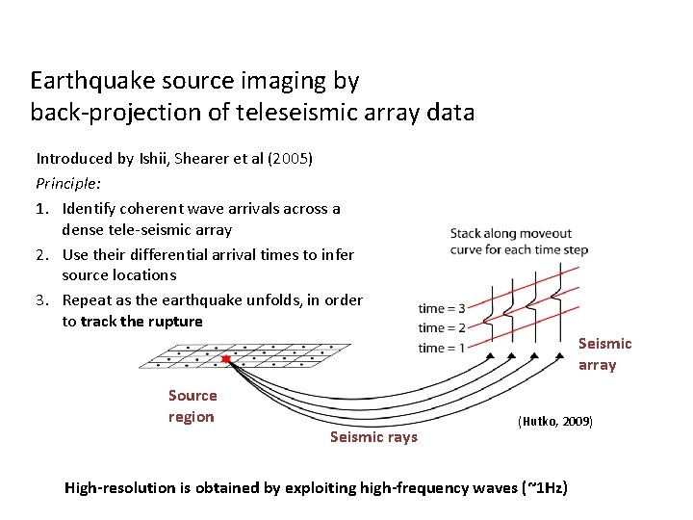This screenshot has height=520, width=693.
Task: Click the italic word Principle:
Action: (68, 181)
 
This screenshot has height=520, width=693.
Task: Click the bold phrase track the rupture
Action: (141, 322)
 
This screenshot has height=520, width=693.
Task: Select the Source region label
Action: (192, 405)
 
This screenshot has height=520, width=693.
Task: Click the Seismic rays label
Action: (373, 437)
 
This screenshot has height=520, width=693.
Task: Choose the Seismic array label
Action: (604, 353)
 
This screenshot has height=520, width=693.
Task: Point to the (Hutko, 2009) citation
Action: (555, 422)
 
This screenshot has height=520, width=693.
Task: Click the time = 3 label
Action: (442, 308)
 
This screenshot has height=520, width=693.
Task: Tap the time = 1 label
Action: (442, 348)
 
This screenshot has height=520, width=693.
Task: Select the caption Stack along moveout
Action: (510, 233)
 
